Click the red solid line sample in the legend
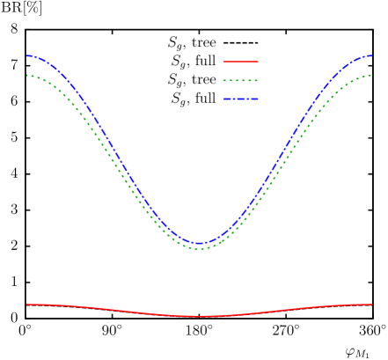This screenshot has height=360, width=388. coord(240,62)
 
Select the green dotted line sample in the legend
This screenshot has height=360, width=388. coord(240,80)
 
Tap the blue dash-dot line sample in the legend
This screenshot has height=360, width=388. coord(240,99)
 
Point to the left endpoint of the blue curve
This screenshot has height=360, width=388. coord(27,55)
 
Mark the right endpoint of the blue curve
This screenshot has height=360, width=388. coord(371,55)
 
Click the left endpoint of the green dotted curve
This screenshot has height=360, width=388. coord(27,75)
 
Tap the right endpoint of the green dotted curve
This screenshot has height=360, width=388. coord(371,75)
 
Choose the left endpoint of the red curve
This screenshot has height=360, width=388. coord(27,304)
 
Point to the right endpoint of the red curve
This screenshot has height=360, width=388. coord(371,304)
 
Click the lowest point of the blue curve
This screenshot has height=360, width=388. coord(200,243)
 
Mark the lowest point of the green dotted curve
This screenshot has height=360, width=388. coord(200,248)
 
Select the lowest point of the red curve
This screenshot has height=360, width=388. coord(200,316)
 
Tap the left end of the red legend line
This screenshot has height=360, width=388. coord(223,62)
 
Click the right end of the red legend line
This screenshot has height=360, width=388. coord(258,62)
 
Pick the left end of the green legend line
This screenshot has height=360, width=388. coord(223,80)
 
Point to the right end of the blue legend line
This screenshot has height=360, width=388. coord(258,99)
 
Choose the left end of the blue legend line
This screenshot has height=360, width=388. coord(223,99)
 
